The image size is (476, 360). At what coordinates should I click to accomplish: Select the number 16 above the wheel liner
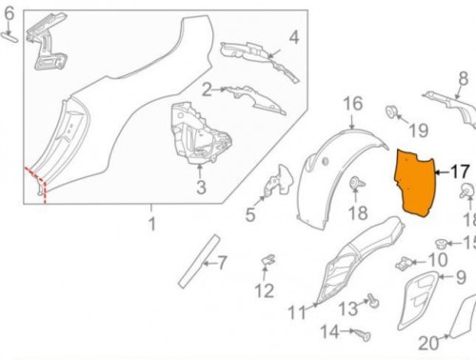352,103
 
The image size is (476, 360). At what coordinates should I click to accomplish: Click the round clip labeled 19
391,113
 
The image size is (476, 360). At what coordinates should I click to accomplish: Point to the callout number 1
150,225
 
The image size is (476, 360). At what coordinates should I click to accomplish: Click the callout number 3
200,188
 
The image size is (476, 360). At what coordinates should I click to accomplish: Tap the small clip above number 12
268,258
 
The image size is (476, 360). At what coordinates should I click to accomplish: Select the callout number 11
295,311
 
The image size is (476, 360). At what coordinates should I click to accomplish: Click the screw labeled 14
359,334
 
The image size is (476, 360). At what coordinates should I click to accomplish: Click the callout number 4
294,38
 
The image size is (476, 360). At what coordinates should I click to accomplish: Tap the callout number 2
206,90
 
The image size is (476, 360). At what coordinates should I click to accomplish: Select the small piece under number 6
10,36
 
